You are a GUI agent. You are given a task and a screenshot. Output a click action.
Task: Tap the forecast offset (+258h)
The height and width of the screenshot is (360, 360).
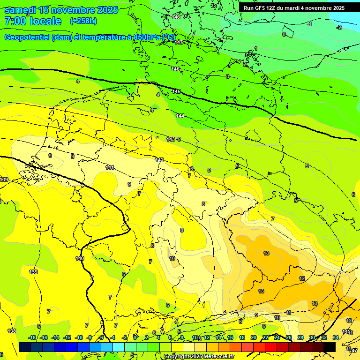click(83, 21)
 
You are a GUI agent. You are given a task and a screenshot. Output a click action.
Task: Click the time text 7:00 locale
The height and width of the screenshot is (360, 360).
click(33, 21)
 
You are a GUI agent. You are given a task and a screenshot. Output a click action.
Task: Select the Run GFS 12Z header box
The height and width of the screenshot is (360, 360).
click(294, 8)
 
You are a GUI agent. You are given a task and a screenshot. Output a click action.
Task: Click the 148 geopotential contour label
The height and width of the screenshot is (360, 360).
click(176, 17)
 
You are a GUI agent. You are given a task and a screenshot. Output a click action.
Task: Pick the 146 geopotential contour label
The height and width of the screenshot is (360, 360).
click(175, 69)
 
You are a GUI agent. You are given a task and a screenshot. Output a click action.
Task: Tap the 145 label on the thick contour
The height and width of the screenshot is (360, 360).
click(177, 91)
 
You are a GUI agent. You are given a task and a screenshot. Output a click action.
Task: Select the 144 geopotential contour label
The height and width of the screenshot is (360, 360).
click(180, 116)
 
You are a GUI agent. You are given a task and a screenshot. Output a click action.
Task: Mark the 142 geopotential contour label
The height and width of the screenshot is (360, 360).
click(159, 160)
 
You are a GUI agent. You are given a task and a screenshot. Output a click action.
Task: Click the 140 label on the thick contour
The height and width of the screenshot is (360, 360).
click(80, 258)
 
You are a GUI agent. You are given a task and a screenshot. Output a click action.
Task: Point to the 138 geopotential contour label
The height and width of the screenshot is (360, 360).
click(12, 331)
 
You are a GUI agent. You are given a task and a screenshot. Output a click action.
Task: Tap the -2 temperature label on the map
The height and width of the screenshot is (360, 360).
click(339, 27)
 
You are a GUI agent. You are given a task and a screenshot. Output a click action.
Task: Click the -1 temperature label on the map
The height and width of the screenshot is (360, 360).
click(309, 23)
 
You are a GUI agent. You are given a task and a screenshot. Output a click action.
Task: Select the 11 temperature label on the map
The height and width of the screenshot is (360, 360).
click(288, 313)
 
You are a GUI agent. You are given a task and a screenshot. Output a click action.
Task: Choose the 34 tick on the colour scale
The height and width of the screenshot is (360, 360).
click(336, 337)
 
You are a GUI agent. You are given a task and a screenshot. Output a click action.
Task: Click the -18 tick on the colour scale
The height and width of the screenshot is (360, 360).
click(32, 337)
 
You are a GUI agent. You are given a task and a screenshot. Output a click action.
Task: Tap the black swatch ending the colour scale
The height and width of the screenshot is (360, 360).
click(330, 347)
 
